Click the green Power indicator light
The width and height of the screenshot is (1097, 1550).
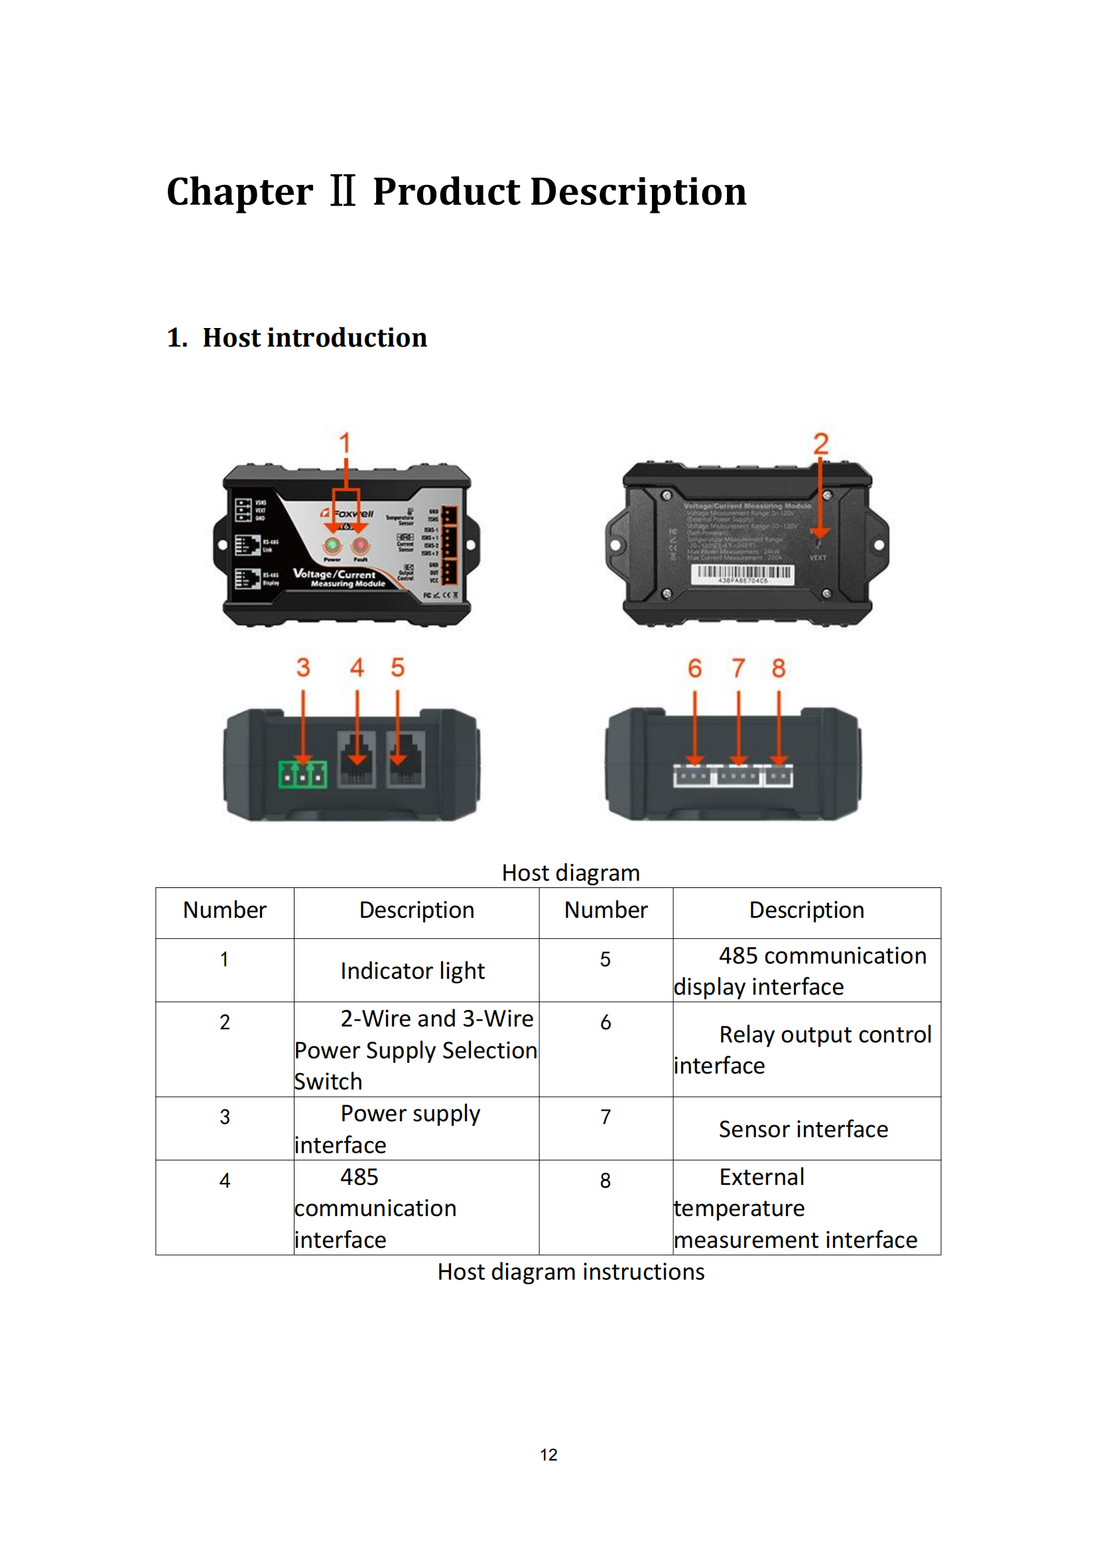[332, 545]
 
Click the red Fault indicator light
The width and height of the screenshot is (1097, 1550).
[361, 545]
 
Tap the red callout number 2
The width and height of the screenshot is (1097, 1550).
[820, 444]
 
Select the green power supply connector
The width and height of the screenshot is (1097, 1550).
[302, 774]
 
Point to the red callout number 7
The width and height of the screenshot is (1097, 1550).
[738, 669]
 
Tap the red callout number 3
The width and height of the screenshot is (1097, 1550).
[303, 668]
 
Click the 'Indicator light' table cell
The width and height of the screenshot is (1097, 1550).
[413, 971]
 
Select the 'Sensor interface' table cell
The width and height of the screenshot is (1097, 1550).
[803, 1129]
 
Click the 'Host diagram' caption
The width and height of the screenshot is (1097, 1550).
[571, 873]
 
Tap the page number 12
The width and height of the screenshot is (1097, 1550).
[548, 1455]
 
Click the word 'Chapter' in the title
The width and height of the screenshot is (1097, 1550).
[240, 192]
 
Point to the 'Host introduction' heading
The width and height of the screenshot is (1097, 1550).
[314, 337]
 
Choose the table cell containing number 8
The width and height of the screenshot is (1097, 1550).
[606, 1180]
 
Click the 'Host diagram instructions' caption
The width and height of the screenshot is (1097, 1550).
[571, 1272]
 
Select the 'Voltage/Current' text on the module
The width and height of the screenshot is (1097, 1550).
[334, 574]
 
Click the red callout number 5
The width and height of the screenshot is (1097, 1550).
[398, 668]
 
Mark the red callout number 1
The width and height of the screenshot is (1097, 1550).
[345, 443]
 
